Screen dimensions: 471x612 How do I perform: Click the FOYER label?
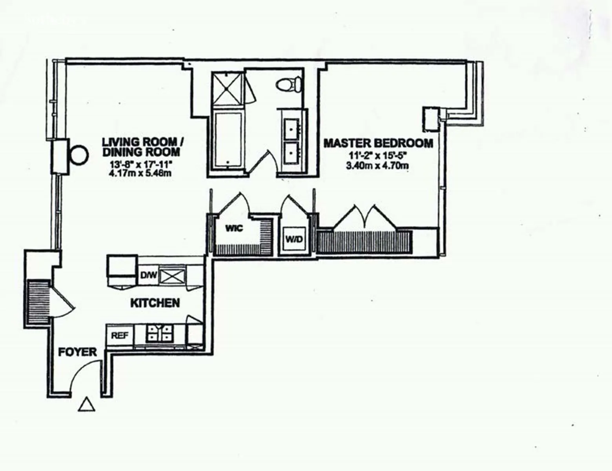77,352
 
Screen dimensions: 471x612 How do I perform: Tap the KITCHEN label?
155,303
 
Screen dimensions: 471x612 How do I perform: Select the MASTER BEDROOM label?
378,143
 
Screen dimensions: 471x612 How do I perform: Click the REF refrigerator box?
120,336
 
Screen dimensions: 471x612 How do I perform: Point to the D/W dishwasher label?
149,276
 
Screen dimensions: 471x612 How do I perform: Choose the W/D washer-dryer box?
294,239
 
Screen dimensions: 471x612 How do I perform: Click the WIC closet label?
234,228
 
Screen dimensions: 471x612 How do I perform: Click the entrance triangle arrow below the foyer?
86,405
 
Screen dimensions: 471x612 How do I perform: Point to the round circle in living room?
79,155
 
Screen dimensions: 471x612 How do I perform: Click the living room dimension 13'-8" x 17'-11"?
141,164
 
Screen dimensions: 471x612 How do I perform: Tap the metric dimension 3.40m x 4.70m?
377,166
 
